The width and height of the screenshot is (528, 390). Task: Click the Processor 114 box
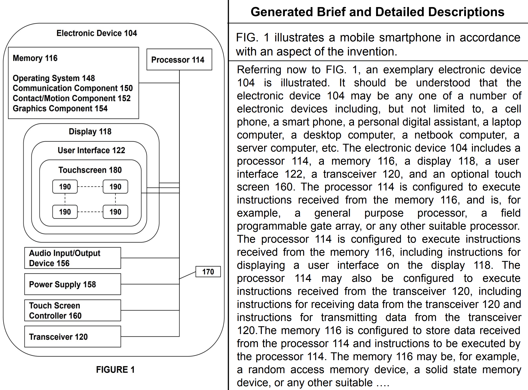point(179,59)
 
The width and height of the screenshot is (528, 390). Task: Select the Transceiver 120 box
point(72,337)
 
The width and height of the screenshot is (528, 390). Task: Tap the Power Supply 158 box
point(72,284)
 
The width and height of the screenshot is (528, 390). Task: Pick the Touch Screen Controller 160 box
point(72,310)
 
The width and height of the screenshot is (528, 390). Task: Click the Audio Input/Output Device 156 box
point(72,258)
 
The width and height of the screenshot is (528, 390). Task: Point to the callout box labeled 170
point(208,272)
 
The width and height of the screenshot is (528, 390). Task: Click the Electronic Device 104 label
point(97,33)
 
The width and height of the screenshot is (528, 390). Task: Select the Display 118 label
point(90,132)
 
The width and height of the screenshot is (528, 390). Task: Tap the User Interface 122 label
point(91,150)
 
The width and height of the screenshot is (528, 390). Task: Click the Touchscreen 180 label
point(90,170)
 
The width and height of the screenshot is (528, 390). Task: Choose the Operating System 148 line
point(54,78)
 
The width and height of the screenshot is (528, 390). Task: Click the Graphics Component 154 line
point(60,108)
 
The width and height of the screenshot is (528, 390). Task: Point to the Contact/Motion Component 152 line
point(72,98)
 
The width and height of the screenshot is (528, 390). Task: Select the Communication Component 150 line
point(73,88)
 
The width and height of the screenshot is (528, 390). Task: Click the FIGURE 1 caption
point(115,370)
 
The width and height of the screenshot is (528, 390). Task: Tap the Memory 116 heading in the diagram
point(35,58)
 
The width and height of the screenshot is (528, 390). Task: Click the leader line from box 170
point(187,275)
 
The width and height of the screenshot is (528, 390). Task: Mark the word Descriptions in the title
point(466,12)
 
